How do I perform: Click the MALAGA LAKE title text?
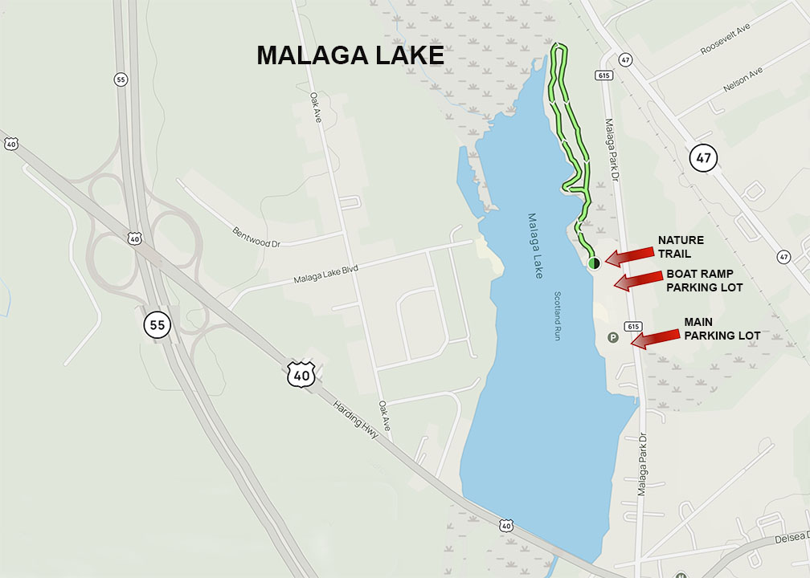[350, 55]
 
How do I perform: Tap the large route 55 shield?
[157, 325]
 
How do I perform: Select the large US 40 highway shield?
[301, 373]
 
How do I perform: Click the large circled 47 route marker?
[703, 158]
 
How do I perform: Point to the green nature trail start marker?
[594, 263]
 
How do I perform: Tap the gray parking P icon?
[613, 338]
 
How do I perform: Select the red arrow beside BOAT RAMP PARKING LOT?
[637, 281]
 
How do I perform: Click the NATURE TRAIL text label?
[681, 246]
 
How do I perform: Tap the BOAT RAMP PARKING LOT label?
[704, 280]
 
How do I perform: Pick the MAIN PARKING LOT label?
[722, 328]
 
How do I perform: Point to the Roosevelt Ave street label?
[724, 38]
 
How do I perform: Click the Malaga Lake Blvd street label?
[325, 272]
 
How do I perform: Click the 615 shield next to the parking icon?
[632, 327]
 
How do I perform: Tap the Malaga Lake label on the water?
[536, 246]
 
